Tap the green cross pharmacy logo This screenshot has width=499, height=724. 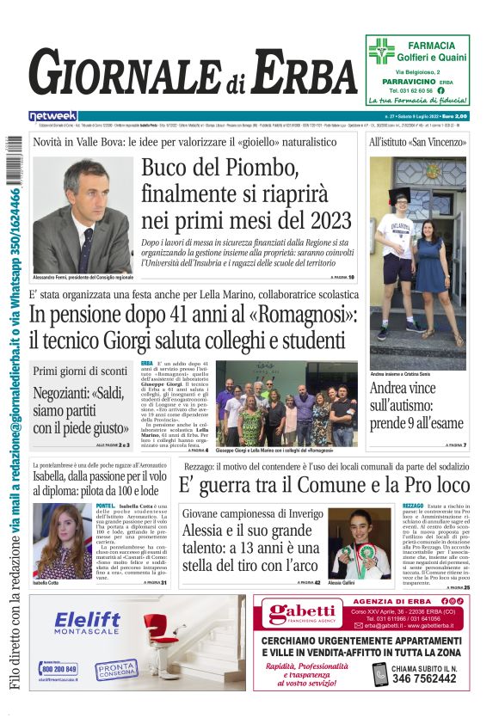tap(381, 51)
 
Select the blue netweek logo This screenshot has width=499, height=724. tap(52, 116)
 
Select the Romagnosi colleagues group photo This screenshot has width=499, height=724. tap(285, 402)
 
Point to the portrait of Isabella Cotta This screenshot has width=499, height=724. tap(63, 541)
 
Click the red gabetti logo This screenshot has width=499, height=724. tap(304, 614)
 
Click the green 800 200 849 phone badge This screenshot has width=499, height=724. tap(59, 668)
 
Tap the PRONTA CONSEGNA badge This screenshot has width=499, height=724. tap(115, 668)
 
